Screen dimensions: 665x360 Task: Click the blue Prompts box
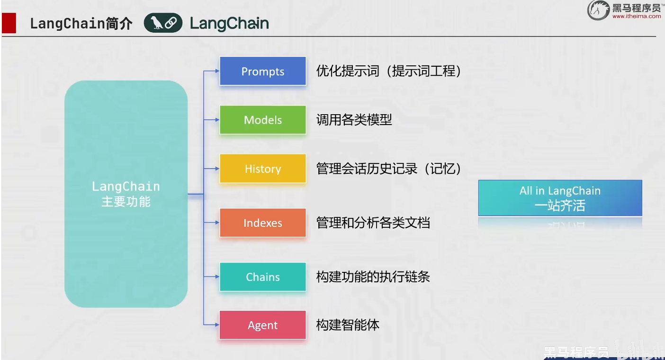pos(263,71)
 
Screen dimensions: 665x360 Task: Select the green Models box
pos(263,120)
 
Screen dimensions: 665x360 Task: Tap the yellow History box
pos(263,169)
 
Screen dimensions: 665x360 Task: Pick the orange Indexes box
pos(263,223)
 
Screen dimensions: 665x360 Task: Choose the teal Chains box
pos(263,277)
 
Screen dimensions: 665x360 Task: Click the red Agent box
pos(263,325)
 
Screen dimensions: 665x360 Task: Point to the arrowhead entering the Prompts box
pos(217,71)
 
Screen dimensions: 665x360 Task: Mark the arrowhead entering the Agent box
pos(217,325)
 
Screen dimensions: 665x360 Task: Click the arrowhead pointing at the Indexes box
pos(217,223)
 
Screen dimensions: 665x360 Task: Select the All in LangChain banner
pos(560,198)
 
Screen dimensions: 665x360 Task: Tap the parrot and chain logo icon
pos(163,23)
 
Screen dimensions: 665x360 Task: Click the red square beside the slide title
pos(9,23)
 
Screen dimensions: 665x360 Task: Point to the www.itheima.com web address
pos(636,17)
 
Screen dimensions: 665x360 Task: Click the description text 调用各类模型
pos(354,120)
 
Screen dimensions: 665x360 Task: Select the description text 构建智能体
pos(348,325)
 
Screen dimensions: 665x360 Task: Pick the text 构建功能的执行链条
pos(373,277)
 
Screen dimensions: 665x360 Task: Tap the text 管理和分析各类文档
pos(373,223)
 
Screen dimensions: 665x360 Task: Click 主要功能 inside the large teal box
pos(126,202)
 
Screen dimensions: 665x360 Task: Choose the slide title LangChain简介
pos(81,24)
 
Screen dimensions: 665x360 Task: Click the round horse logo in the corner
pos(598,10)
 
